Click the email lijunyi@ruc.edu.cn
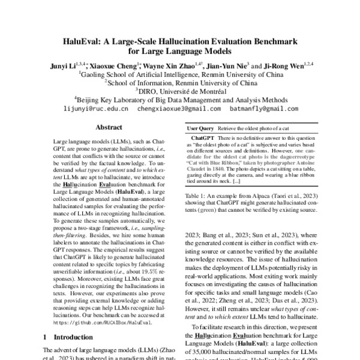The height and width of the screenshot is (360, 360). tap(95, 109)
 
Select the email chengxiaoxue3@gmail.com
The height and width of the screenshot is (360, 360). tap(178, 109)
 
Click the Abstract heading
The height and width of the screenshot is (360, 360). tap(109, 127)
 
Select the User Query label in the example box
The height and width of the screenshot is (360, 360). tap(201, 128)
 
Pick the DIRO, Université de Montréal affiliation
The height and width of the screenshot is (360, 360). tap(179, 91)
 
